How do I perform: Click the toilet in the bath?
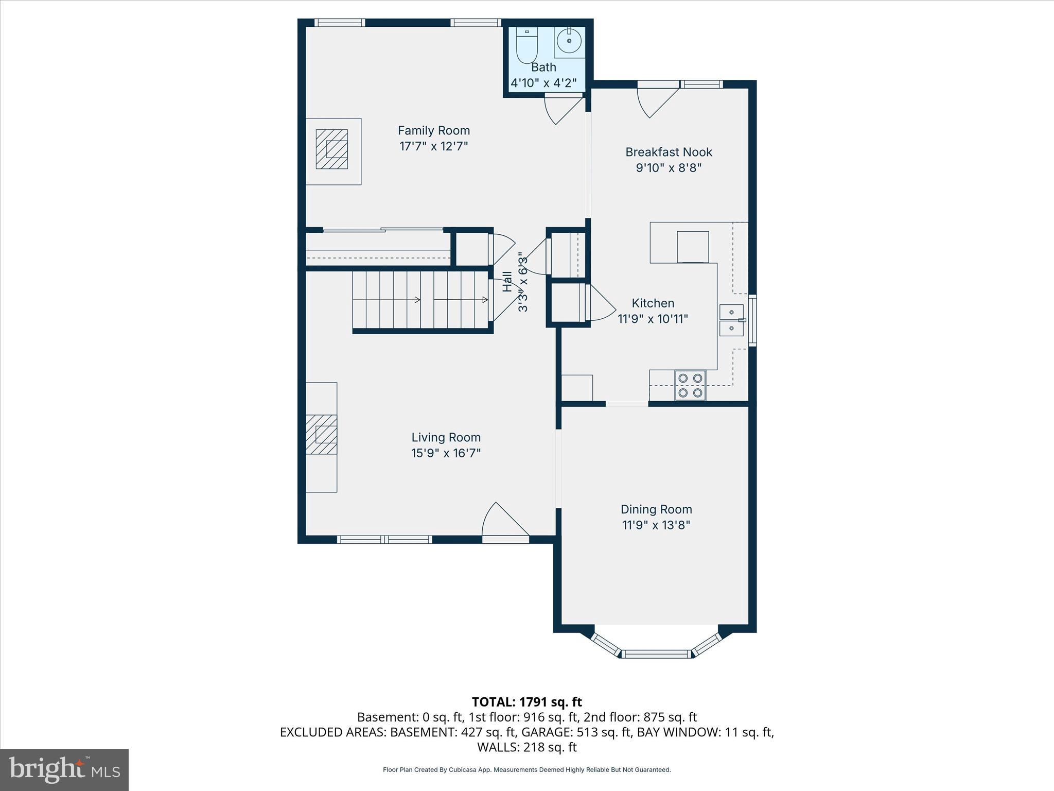pos(526,46)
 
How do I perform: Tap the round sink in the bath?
pos(569,41)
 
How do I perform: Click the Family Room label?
pos(434,131)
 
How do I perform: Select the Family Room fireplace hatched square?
pos(332,149)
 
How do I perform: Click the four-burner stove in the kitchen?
pos(690,385)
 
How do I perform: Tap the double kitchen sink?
pos(731,320)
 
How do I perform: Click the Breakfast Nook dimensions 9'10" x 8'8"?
pos(669,168)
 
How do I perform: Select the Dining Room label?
pos(656,509)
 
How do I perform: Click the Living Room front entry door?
pos(505,523)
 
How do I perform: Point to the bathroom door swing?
pos(563,110)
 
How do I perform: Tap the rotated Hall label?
pos(507,282)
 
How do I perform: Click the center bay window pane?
pos(656,654)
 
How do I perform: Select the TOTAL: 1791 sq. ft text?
pos(526,702)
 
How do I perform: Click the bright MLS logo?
pos(64,769)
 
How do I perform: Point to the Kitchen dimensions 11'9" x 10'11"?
pos(653,319)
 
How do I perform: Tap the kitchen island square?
pos(692,247)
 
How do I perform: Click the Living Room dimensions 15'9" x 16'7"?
pos(446,453)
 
